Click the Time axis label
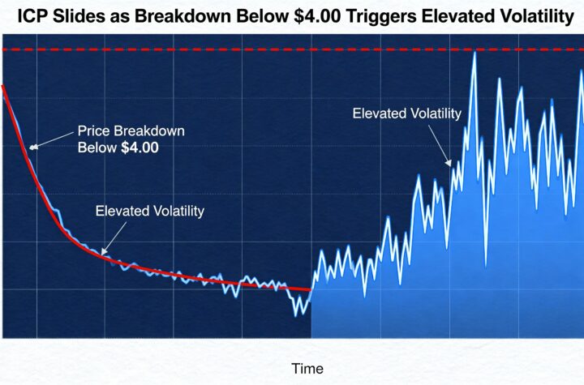(307, 369)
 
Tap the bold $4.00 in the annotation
(140, 148)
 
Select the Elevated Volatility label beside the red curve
(150, 212)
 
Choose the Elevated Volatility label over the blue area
(406, 113)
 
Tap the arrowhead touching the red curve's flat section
(103, 250)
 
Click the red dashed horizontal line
(243, 50)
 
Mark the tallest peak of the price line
(474, 53)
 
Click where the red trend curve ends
(311, 289)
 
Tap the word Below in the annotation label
(95, 148)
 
